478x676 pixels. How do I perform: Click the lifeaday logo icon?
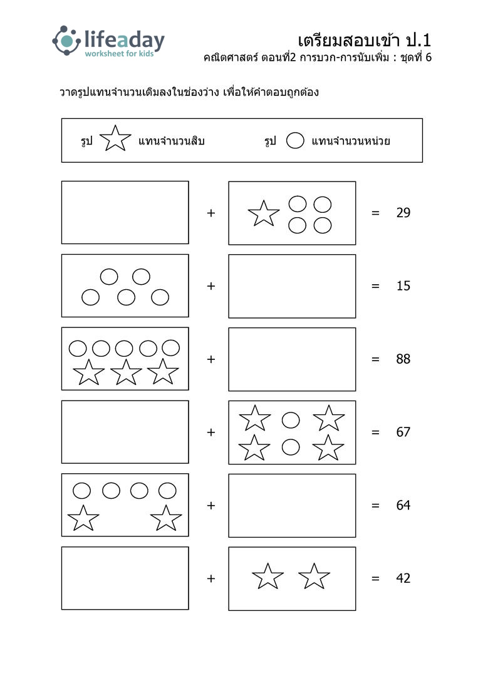point(66,41)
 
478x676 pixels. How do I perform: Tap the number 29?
point(403,213)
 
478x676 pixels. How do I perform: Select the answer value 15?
point(403,286)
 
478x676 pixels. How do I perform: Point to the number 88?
point(403,359)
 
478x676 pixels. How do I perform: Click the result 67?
point(403,432)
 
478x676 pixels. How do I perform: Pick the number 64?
point(403,505)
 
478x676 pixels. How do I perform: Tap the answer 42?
point(403,578)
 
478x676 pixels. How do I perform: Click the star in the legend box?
point(115,139)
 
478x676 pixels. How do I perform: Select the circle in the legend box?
point(295,141)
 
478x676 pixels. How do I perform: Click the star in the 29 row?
point(264,214)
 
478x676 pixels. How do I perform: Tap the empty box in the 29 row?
point(125,213)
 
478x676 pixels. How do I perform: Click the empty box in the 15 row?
point(292,286)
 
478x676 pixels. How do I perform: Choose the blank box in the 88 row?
point(292,359)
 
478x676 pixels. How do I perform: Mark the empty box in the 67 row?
point(125,432)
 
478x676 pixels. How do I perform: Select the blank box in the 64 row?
point(292,505)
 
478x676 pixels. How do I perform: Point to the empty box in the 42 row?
point(125,578)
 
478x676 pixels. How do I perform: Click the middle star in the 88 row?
point(126,372)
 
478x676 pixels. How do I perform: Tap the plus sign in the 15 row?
point(211,286)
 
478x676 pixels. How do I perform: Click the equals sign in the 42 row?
point(375,578)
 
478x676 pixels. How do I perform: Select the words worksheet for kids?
point(119,54)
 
